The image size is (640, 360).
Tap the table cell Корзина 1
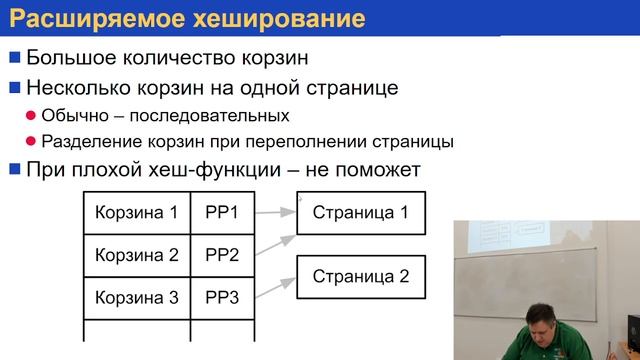tap(136, 212)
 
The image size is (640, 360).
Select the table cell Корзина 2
tap(136, 255)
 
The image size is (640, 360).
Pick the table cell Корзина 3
tap(136, 298)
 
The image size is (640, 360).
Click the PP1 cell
tap(222, 212)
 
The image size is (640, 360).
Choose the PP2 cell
tap(222, 255)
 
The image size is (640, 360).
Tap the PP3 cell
tap(222, 298)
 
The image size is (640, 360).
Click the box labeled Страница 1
tap(361, 212)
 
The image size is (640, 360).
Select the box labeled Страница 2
tap(361, 276)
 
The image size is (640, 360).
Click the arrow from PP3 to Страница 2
tap(274, 288)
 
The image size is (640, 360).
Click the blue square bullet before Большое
tap(14, 57)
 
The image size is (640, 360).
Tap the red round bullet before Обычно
tap(31, 116)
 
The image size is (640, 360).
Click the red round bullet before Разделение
tap(31, 142)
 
